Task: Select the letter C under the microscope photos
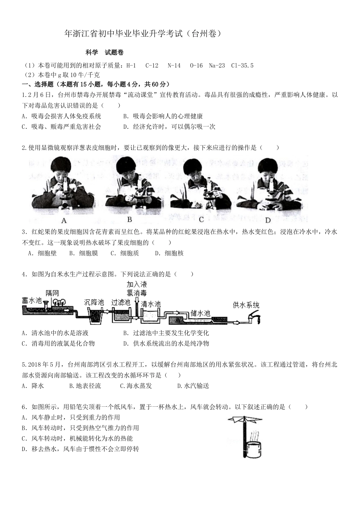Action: tap(201, 220)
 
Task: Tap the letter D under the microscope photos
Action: tap(268, 220)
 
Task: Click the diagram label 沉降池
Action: tap(94, 302)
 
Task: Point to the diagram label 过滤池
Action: tap(121, 302)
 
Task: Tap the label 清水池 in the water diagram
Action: tap(151, 304)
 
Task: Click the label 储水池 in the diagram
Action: tap(200, 313)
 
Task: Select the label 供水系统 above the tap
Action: tap(246, 305)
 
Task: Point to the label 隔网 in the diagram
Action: tap(52, 293)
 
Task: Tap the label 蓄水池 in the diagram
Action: tap(32, 300)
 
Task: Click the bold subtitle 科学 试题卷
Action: tap(104, 53)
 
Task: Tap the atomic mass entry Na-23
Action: tap(217, 66)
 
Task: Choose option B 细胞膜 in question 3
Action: tap(84, 253)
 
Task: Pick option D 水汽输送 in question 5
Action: tap(193, 386)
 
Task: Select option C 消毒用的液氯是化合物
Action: tap(58, 343)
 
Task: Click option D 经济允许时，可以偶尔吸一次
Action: tap(169, 126)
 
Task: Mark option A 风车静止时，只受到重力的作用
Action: tap(71, 417)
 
